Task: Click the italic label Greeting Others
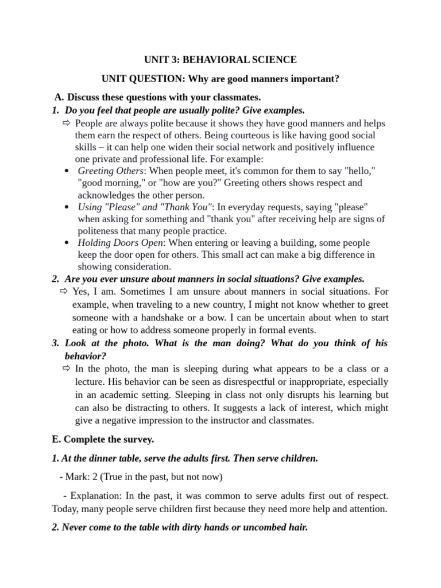[x=110, y=171]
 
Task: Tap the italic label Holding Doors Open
[x=121, y=243]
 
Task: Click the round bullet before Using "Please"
[x=68, y=207]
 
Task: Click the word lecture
[x=92, y=382]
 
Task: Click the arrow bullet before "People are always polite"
[x=66, y=123]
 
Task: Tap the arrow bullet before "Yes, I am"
[x=64, y=292]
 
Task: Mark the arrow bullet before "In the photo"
[x=66, y=369]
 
